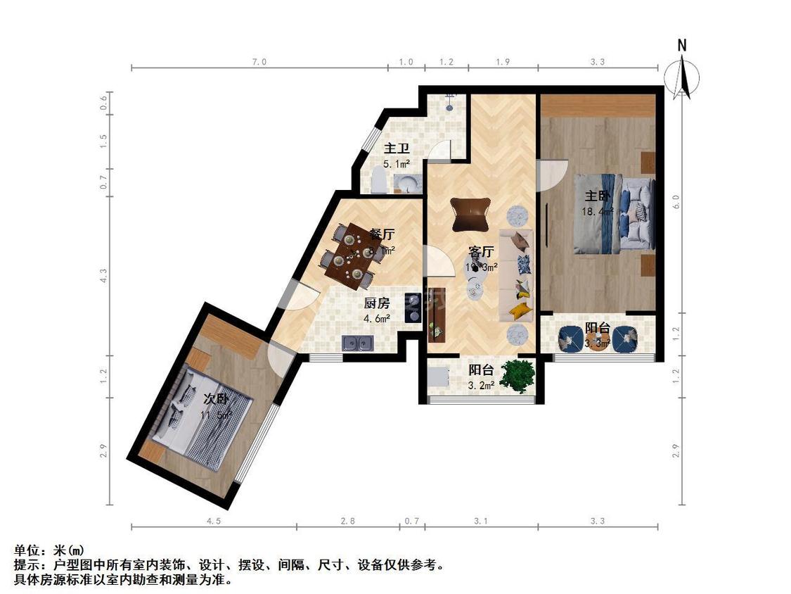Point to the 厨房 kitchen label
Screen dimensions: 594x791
pyautogui.click(x=376, y=303)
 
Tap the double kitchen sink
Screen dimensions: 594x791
pyautogui.click(x=357, y=343)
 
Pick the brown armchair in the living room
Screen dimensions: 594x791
pyautogui.click(x=470, y=214)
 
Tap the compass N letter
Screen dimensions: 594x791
pyautogui.click(x=681, y=46)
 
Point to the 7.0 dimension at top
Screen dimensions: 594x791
pyautogui.click(x=259, y=62)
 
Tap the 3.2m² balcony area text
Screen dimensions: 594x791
pyautogui.click(x=482, y=385)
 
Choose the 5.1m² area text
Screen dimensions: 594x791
pyautogui.click(x=397, y=164)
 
